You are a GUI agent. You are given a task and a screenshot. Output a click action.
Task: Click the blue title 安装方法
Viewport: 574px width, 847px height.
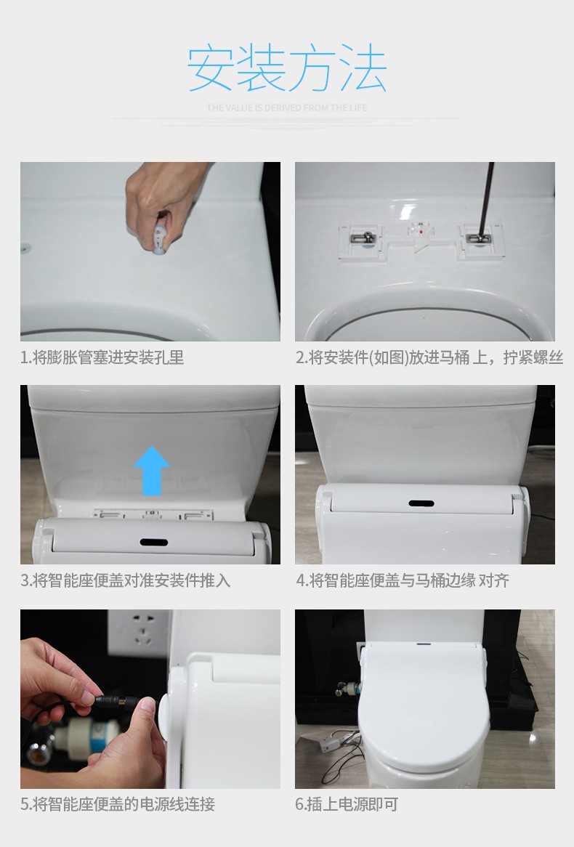click(287, 69)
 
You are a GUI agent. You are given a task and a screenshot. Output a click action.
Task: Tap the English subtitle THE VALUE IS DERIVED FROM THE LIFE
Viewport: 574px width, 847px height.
click(286, 108)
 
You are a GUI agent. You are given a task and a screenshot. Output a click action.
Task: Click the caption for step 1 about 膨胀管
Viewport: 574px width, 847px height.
click(102, 357)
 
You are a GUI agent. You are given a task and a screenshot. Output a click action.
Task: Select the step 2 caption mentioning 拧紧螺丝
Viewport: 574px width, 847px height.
click(429, 357)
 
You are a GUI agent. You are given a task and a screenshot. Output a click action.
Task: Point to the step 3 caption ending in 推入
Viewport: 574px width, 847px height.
click(126, 580)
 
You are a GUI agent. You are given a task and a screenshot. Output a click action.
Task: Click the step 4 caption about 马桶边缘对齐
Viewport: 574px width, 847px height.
click(403, 580)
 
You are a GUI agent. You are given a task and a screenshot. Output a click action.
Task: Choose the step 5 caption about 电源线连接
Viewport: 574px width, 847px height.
click(118, 804)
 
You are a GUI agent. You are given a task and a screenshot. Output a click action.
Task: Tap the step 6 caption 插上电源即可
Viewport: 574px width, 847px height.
click(347, 804)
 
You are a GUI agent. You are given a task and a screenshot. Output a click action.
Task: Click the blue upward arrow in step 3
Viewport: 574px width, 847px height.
click(152, 471)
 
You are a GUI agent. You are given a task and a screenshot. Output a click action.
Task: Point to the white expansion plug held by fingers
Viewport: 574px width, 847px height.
click(159, 239)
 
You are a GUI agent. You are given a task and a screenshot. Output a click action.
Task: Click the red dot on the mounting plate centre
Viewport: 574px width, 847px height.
click(421, 232)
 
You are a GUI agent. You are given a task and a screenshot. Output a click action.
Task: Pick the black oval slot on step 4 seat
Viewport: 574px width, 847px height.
click(421, 503)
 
